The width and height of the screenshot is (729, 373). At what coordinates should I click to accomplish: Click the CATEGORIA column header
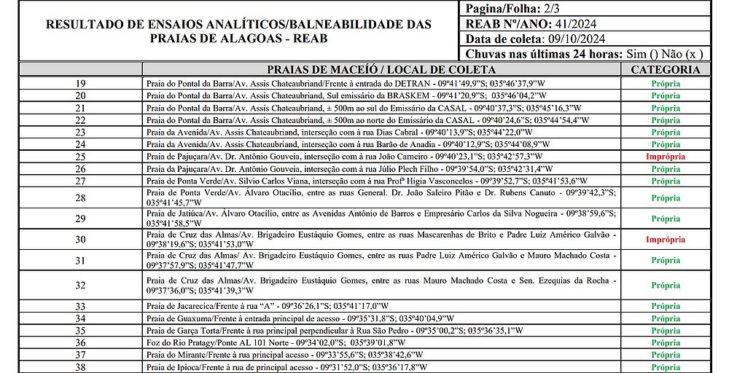[665, 70]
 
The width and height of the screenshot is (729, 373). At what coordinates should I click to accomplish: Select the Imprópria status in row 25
[665, 157]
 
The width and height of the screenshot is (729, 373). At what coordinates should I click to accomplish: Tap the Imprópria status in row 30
[665, 239]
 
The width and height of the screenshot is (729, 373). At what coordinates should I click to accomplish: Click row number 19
[80, 84]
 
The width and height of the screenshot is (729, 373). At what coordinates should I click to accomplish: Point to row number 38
[80, 367]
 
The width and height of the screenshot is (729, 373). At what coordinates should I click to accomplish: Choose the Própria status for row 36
[665, 342]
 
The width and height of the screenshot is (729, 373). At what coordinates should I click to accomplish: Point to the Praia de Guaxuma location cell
[300, 318]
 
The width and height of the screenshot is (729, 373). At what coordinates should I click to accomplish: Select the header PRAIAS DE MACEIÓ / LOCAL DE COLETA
[381, 70]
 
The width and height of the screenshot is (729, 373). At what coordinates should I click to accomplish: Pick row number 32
[80, 285]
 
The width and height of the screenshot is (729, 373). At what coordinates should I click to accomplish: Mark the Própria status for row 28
[665, 197]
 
